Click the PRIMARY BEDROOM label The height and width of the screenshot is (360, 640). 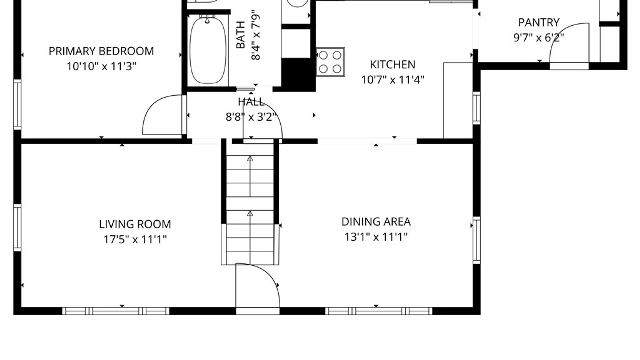tap(101, 51)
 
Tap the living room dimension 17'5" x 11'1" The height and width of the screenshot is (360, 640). tap(135, 239)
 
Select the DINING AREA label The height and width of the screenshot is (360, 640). tap(376, 222)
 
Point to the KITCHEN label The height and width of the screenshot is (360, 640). tap(393, 64)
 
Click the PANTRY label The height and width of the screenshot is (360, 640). tap(539, 22)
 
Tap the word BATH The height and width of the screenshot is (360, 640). tap(241, 35)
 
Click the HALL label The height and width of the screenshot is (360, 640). tap(251, 102)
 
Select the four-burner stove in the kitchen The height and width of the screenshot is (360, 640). tap(330, 62)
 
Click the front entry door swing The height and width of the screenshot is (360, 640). tap(258, 286)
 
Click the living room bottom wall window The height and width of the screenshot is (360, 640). tap(116, 311)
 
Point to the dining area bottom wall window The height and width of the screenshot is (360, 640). tap(379, 311)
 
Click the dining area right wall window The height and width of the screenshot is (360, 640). tap(477, 240)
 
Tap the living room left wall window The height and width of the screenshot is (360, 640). tap(17, 228)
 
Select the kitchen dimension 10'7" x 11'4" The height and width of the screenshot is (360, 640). tap(393, 80)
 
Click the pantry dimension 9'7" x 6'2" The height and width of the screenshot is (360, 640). tap(539, 38)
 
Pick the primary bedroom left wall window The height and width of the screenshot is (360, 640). tap(17, 104)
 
